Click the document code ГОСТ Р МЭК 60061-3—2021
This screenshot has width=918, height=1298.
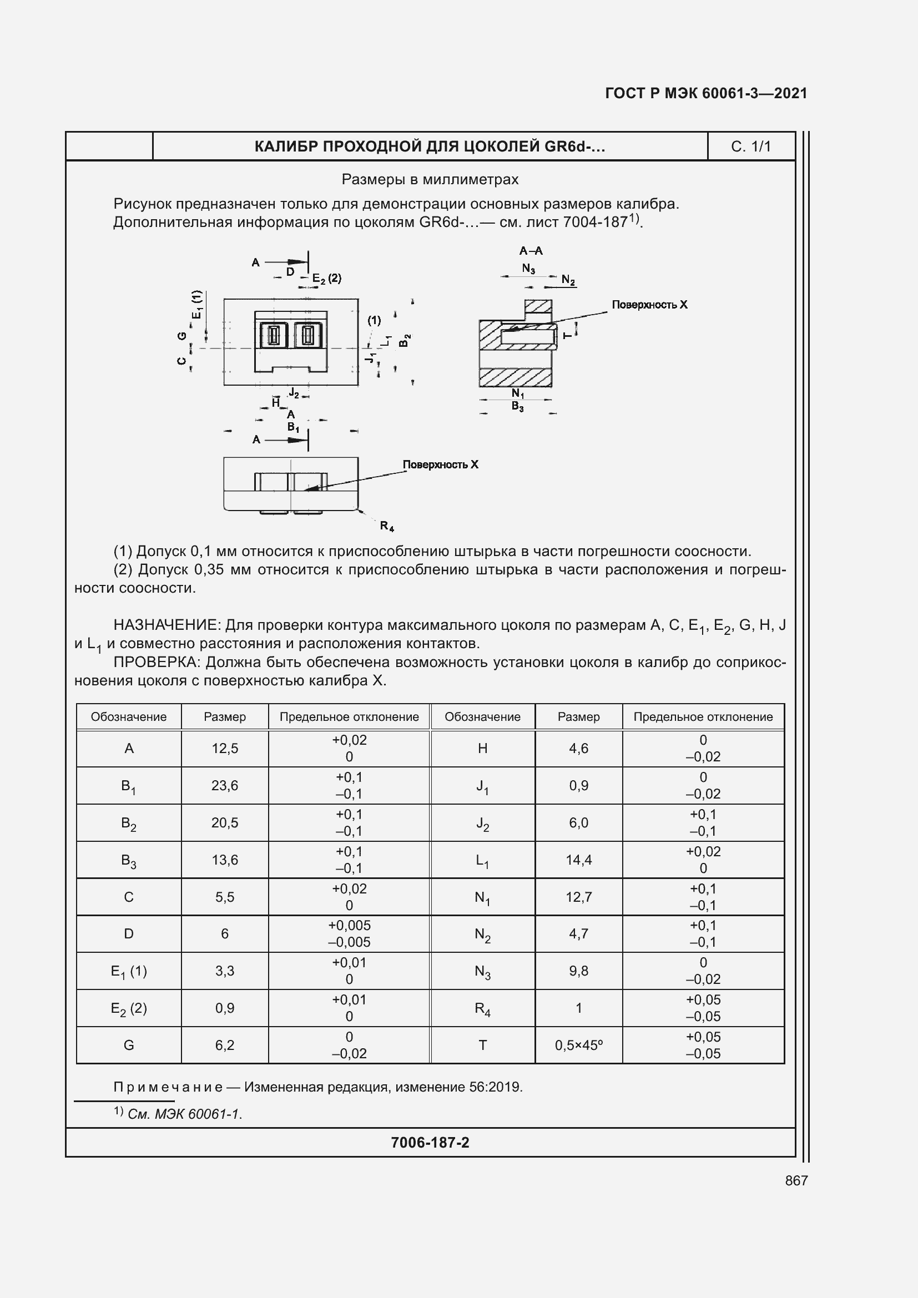[705, 93]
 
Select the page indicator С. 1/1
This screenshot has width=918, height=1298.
[751, 147]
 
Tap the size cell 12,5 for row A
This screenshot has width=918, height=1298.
[224, 748]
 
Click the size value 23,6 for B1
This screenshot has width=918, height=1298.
[224, 785]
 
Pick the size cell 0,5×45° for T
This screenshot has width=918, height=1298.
[578, 1046]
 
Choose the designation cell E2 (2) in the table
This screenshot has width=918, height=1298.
[129, 1008]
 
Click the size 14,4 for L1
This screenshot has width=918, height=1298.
[578, 860]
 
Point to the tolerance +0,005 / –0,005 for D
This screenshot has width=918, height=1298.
[349, 933]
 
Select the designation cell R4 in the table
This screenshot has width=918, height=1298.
[482, 1008]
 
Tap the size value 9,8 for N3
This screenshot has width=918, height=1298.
[578, 971]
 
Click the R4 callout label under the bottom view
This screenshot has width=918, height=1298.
[387, 526]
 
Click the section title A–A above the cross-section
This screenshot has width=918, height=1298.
[531, 250]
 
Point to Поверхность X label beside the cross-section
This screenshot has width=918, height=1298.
[649, 305]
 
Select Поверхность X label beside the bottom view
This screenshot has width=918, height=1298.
[440, 464]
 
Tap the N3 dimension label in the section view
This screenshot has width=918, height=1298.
[528, 269]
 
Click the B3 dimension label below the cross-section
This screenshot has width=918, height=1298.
[517, 406]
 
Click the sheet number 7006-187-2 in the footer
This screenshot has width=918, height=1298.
[430, 1143]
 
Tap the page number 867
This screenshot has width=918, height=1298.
[796, 1180]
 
